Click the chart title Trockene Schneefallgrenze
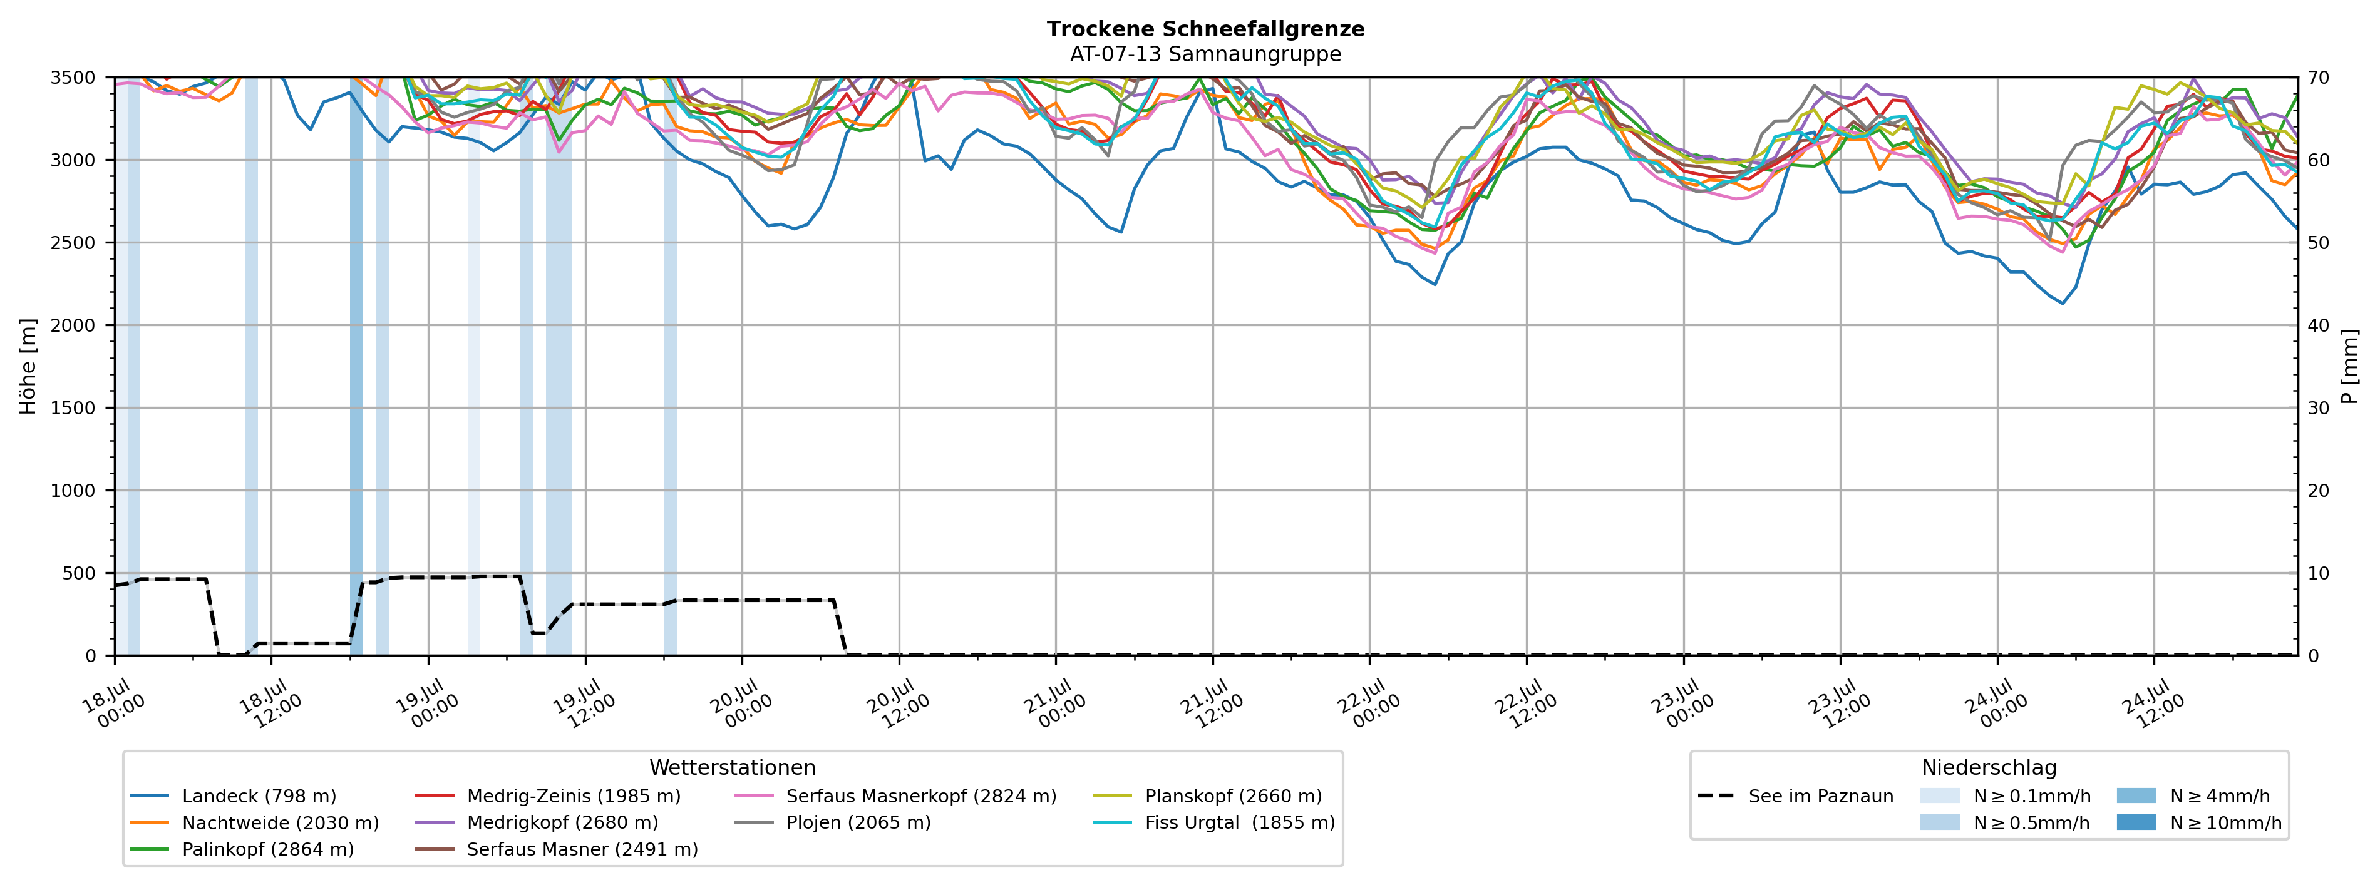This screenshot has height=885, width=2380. tap(1206, 29)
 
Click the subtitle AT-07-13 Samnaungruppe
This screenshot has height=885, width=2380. tap(1206, 54)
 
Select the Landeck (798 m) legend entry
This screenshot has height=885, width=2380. tap(233, 796)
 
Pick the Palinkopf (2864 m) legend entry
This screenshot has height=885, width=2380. tap(242, 849)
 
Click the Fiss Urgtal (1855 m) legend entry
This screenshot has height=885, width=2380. tap(1214, 822)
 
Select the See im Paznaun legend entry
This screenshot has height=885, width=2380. tap(1796, 796)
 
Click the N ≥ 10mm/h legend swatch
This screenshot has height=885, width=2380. tap(2136, 822)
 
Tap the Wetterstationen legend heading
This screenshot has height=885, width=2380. tap(733, 768)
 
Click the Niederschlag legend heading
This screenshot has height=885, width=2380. tap(1989, 768)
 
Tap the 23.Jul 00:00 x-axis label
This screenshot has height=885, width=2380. tap(1682, 704)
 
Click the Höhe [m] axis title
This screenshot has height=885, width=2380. tap(29, 367)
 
